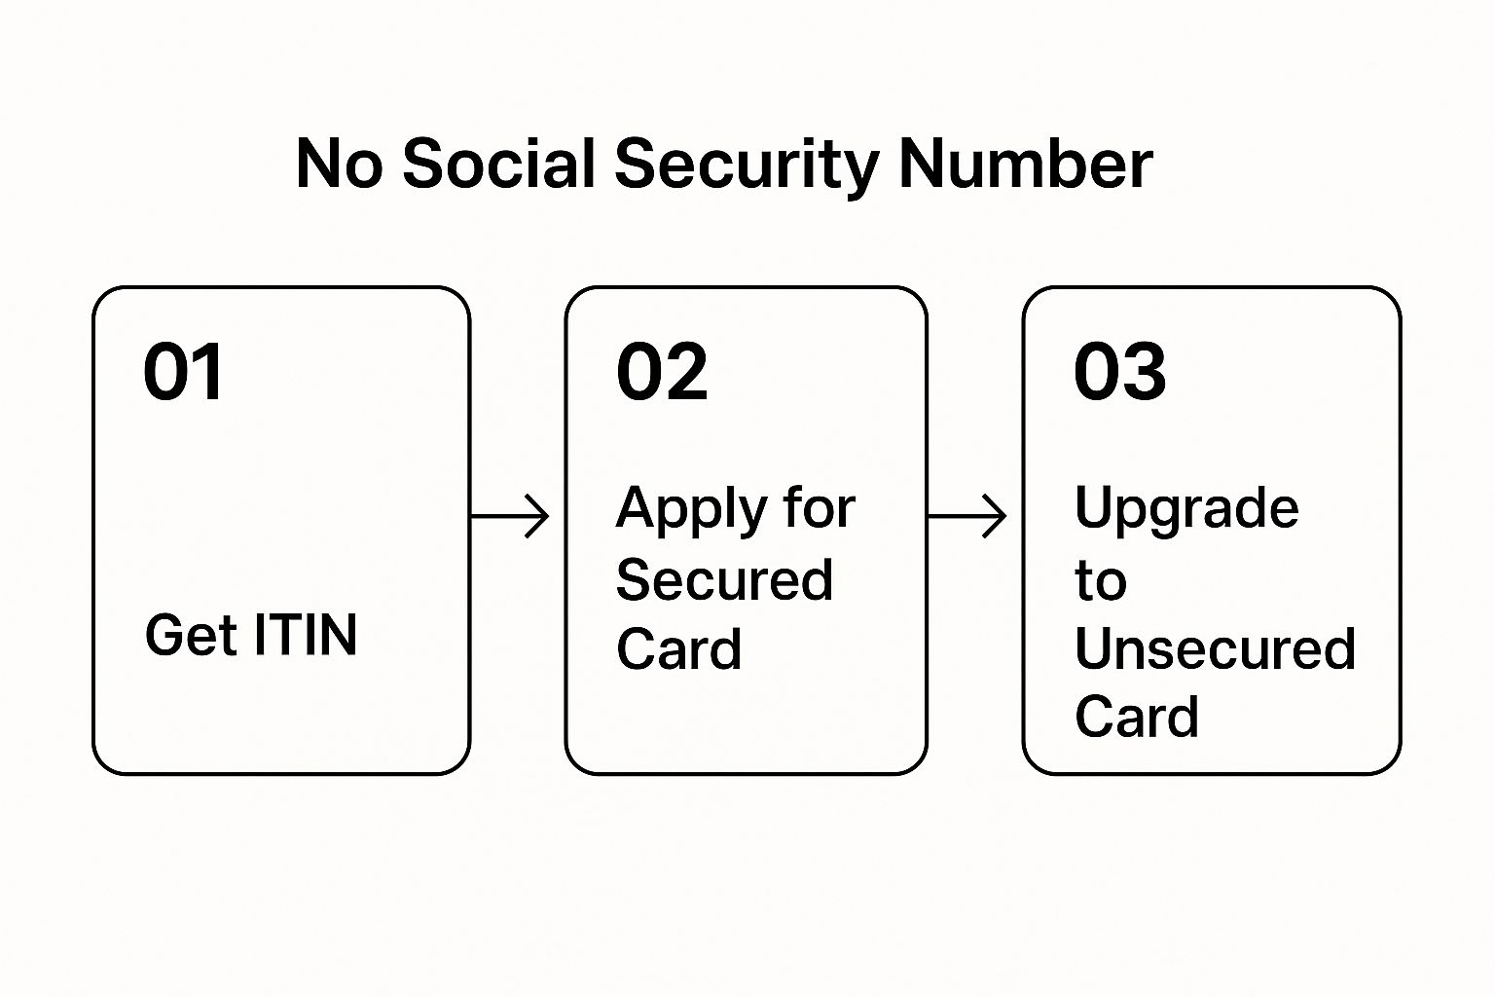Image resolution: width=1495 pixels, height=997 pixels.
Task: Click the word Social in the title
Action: [498, 163]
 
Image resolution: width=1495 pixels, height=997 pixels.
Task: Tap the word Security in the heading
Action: [747, 166]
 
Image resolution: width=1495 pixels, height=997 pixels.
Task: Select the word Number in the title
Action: [1026, 163]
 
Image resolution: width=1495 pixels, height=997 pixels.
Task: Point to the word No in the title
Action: [339, 164]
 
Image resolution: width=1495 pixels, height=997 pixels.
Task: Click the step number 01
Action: [182, 371]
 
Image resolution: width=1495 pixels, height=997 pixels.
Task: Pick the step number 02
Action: [662, 371]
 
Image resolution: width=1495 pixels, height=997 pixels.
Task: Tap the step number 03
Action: [1120, 371]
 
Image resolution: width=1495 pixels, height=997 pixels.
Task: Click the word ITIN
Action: [306, 635]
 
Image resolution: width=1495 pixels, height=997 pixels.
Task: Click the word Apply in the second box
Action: [691, 511]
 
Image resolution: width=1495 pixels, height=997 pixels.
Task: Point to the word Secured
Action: [724, 579]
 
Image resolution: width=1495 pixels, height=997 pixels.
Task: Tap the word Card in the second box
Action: [678, 648]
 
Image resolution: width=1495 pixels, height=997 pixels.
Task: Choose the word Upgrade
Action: [1186, 511]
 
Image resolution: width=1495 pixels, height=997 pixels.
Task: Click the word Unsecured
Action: [1215, 648]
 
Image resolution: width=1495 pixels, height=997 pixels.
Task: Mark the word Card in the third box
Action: [1137, 717]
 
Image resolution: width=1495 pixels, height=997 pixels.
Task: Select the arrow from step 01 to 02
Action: [510, 516]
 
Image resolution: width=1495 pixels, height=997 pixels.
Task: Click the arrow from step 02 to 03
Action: [967, 516]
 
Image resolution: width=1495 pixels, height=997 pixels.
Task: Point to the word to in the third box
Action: [1101, 580]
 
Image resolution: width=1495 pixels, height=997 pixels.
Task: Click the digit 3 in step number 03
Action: [1144, 371]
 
